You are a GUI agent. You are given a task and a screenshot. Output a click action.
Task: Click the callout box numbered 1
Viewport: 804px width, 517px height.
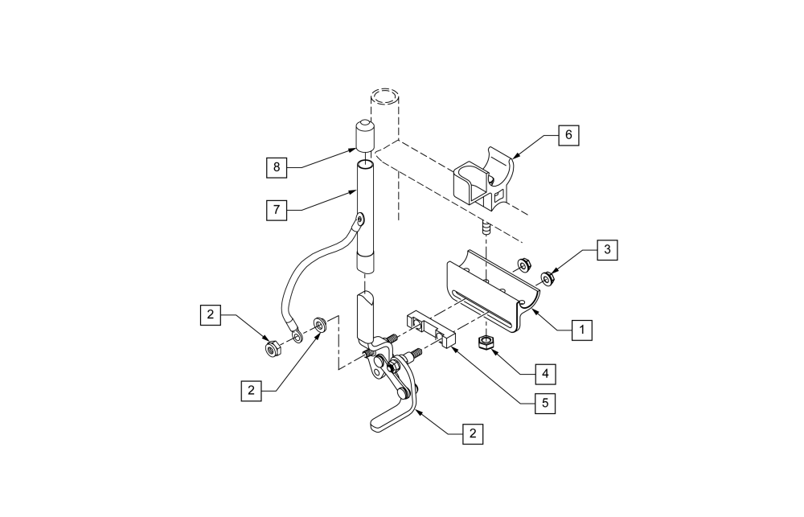pyautogui.click(x=582, y=328)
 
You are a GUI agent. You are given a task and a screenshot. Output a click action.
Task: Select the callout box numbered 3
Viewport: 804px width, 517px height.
pyautogui.click(x=607, y=250)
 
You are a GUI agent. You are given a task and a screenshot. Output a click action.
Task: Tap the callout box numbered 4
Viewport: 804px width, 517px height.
pyautogui.click(x=544, y=374)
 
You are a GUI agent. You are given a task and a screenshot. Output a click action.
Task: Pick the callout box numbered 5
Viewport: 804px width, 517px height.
pyautogui.click(x=545, y=402)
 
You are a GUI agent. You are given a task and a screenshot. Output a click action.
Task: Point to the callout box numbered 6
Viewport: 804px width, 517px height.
pyautogui.click(x=568, y=135)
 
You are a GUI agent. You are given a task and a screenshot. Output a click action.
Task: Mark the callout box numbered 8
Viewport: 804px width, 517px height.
pyautogui.click(x=277, y=167)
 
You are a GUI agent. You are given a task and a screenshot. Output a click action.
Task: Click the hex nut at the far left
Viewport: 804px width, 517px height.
pyautogui.click(x=272, y=350)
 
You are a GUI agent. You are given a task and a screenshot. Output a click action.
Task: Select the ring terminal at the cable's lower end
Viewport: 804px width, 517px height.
pyautogui.click(x=297, y=330)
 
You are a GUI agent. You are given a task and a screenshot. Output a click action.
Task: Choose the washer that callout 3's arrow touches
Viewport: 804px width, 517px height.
pyautogui.click(x=548, y=279)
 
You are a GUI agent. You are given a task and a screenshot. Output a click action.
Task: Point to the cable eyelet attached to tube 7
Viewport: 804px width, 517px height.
pyautogui.click(x=359, y=218)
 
